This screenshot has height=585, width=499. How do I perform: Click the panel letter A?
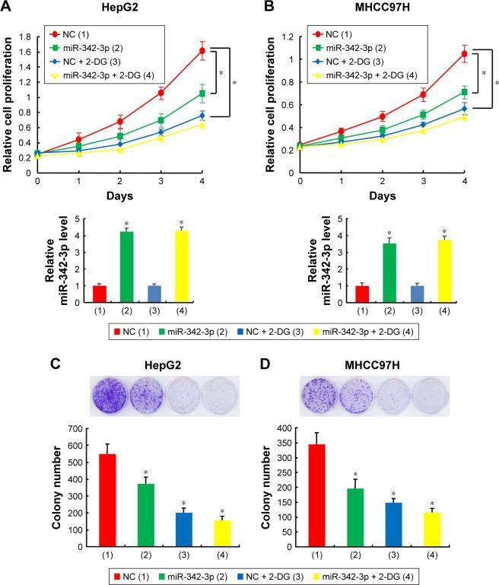[10, 8]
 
